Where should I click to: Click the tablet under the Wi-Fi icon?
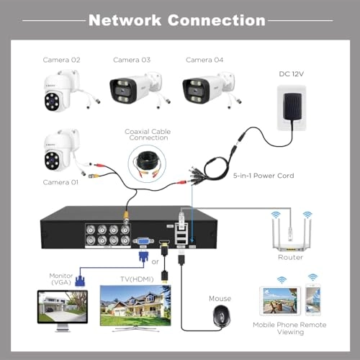[282, 302]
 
